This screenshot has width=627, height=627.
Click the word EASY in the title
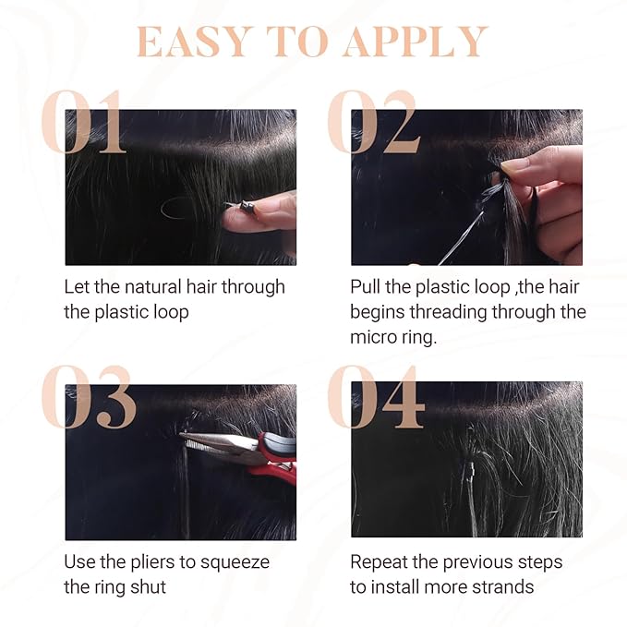(193, 42)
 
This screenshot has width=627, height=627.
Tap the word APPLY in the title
(416, 42)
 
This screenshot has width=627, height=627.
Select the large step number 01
(84, 121)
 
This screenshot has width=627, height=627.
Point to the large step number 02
(373, 121)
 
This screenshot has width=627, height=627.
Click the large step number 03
(89, 396)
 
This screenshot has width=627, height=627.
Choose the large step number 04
(376, 396)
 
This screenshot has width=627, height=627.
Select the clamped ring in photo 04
(471, 468)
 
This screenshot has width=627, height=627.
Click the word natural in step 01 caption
(153, 287)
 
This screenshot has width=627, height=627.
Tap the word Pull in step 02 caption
(365, 287)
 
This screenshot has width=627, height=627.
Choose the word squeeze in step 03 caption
(235, 563)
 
